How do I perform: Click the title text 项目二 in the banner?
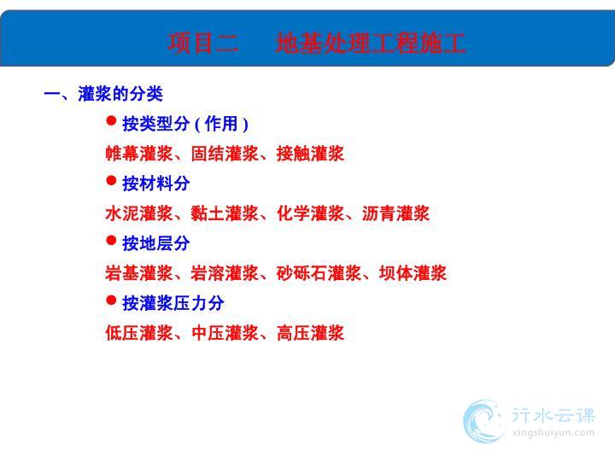203,43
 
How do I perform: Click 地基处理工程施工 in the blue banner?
370,43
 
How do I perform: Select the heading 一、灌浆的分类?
103,94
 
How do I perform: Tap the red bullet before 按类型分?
111,120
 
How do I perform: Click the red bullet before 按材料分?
111,181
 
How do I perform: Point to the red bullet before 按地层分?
111,240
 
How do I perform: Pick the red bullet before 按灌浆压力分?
111,301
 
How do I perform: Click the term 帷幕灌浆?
139,154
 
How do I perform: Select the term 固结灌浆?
225,154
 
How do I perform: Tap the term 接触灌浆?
310,154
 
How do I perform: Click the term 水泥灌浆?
139,213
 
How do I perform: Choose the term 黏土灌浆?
225,213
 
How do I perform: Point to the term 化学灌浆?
310,213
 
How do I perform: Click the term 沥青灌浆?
395,213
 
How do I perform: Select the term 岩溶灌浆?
225,273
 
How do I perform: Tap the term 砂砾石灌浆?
319,273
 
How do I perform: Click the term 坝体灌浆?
413,273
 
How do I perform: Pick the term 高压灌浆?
310,333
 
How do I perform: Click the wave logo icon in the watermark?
483,421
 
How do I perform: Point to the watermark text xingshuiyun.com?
553,433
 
